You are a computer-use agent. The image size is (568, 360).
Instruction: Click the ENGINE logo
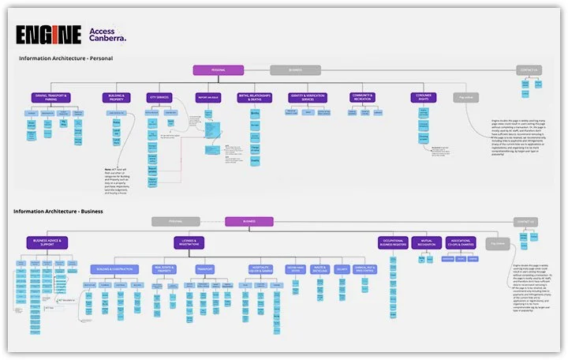point(48,35)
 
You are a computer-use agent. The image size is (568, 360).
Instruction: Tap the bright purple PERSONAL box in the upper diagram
point(218,70)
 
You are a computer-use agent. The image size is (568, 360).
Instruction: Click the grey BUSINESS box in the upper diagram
point(295,70)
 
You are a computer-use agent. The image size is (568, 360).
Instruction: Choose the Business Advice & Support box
point(47,242)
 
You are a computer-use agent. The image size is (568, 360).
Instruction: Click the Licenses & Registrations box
point(190,242)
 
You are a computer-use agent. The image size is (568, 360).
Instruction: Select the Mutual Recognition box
point(427,242)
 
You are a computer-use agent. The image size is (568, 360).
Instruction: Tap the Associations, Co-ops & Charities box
point(461,242)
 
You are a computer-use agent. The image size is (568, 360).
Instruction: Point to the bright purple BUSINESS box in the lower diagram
point(249,222)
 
